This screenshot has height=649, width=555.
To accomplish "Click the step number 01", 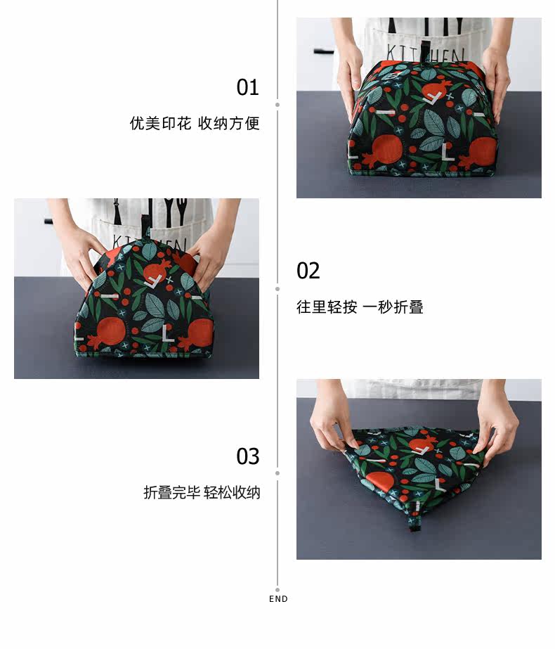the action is tap(247, 87).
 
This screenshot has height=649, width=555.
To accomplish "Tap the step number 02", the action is tap(308, 271).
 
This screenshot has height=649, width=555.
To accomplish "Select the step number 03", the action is tap(248, 456).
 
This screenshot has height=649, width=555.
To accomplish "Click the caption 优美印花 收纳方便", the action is tap(195, 123).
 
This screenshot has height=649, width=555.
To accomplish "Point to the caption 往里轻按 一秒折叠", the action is tap(360, 307).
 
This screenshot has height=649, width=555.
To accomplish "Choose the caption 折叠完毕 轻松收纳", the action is tap(202, 492).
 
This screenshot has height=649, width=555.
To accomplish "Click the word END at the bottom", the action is tap(278, 599).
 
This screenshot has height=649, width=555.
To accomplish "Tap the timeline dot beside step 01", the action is tap(277, 105).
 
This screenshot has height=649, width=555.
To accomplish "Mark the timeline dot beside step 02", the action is tap(277, 289).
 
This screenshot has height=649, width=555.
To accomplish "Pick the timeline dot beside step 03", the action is tap(277, 473).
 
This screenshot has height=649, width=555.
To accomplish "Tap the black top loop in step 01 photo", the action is tap(425, 52).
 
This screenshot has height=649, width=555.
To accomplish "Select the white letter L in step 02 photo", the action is tap(166, 333).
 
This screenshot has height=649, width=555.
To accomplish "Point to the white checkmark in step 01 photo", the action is tap(433, 98).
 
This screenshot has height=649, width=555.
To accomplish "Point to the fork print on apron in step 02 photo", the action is tap(181, 211).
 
